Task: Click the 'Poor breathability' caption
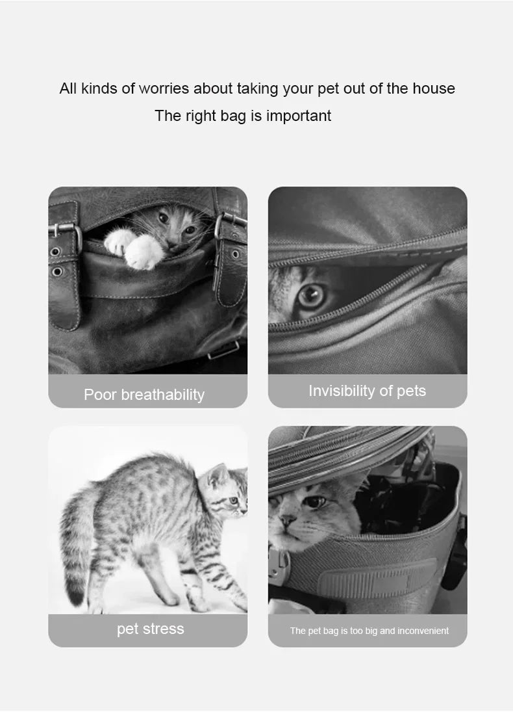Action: pyautogui.click(x=144, y=395)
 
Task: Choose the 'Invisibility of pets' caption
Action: pyautogui.click(x=367, y=391)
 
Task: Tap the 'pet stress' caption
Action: pyautogui.click(x=150, y=629)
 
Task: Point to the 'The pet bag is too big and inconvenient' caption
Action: pyautogui.click(x=369, y=631)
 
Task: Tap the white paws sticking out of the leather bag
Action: pyautogui.click(x=134, y=247)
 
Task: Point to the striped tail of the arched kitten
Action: pyautogui.click(x=75, y=546)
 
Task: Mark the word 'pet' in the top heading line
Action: pyautogui.click(x=329, y=88)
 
